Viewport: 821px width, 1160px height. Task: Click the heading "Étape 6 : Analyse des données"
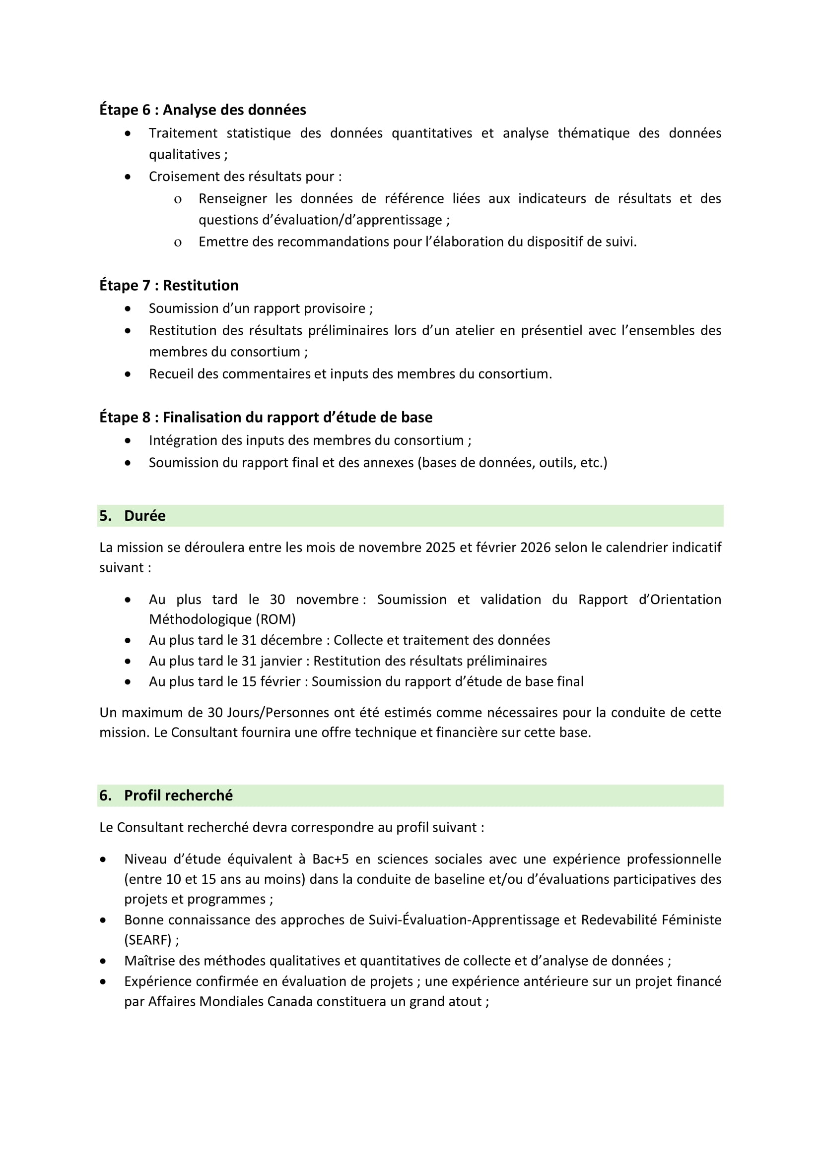coord(202,110)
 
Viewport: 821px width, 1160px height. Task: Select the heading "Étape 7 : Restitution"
coord(168,286)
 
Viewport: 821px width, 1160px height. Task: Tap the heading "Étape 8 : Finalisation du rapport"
coord(266,417)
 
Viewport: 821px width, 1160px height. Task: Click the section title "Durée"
coord(144,516)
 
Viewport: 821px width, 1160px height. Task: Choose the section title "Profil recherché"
coord(178,795)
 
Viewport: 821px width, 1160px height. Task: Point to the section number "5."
coord(105,516)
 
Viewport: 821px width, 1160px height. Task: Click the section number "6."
coord(105,795)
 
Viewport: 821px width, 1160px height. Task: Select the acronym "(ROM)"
coord(277,619)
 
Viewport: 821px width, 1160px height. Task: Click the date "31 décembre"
coord(281,640)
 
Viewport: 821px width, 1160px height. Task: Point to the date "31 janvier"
coord(272,661)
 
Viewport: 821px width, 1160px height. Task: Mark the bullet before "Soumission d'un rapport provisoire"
coord(128,308)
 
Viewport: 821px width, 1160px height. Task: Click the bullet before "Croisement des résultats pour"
coord(128,177)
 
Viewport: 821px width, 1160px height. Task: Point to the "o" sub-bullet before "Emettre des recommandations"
coord(177,243)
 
